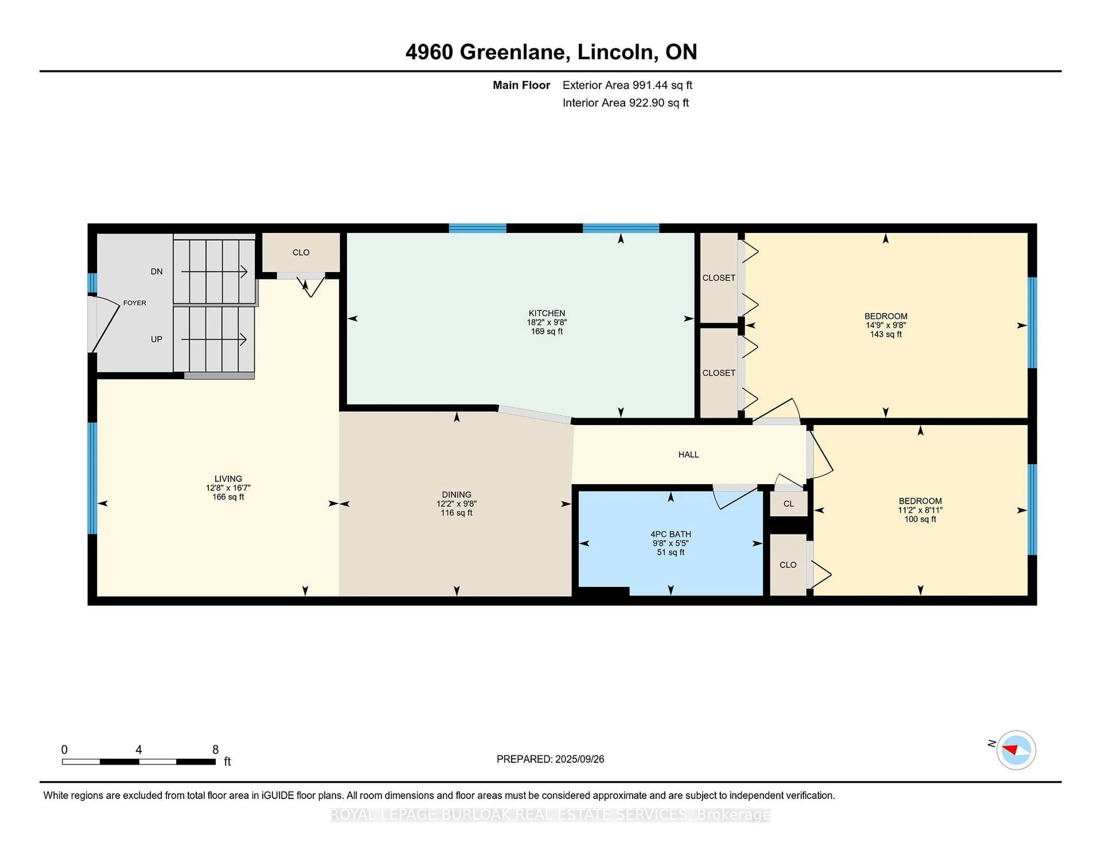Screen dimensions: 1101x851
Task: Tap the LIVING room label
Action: coord(228,479)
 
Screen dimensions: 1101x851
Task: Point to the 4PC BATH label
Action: coord(670,534)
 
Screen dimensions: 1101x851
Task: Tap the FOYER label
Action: coord(134,303)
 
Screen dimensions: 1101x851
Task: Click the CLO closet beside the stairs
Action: coord(301,252)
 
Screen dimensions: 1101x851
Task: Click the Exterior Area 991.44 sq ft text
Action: coord(627,85)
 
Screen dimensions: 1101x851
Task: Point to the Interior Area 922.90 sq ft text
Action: coord(626,103)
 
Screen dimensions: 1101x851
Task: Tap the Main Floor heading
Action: coord(521,85)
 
